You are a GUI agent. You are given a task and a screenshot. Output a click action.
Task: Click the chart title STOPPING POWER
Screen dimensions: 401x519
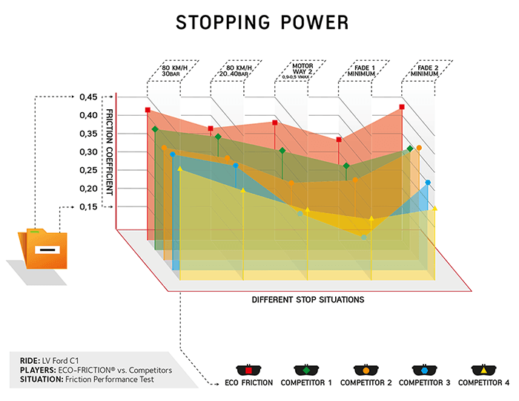pyautogui.click(x=262, y=22)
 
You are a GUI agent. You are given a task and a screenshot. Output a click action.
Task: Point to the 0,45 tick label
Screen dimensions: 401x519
pyautogui.click(x=88, y=97)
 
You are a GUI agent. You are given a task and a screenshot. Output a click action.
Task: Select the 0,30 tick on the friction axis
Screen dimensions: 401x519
pyautogui.click(x=88, y=151)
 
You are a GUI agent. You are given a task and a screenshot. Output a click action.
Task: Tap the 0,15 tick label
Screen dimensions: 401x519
pyautogui.click(x=88, y=206)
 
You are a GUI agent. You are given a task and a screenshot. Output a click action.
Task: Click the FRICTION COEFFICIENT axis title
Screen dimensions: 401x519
pyautogui.click(x=109, y=152)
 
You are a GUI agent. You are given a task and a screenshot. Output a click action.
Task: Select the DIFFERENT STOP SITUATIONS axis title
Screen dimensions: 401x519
pyautogui.click(x=307, y=300)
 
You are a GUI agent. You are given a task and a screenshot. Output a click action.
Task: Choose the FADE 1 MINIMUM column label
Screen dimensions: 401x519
pyautogui.click(x=360, y=75)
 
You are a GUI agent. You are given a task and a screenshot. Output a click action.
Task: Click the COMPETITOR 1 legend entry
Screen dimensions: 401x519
pyautogui.click(x=305, y=375)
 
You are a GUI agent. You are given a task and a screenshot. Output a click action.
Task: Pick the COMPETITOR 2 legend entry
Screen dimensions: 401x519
pyautogui.click(x=365, y=375)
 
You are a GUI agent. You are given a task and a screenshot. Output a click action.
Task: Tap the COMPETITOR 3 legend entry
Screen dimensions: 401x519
pyautogui.click(x=423, y=375)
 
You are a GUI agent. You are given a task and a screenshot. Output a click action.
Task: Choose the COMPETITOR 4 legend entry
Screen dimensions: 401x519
pyautogui.click(x=483, y=375)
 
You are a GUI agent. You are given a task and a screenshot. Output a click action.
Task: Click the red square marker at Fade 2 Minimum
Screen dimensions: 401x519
pyautogui.click(x=402, y=107)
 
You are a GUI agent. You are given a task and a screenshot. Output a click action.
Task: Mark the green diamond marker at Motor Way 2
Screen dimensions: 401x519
pyautogui.click(x=282, y=151)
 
